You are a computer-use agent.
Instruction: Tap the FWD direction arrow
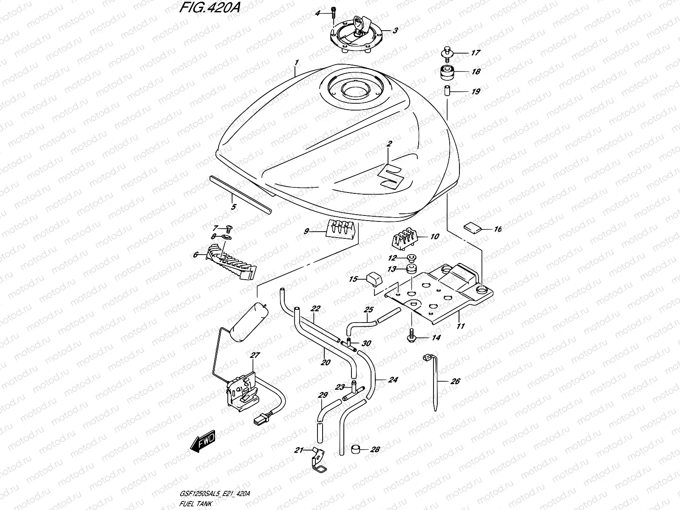tap(203, 442)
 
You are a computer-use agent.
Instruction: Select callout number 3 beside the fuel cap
tap(395, 31)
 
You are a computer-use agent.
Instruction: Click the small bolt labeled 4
tap(333, 14)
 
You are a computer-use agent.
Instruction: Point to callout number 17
tap(475, 53)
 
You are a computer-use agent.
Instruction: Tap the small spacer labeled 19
tap(448, 91)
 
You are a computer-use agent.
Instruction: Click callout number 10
tap(434, 237)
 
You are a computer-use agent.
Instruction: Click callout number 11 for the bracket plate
tap(461, 326)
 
